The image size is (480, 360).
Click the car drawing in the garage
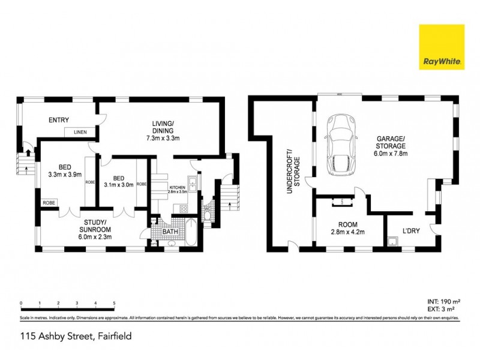[x=340, y=144]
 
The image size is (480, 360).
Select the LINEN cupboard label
[x=80, y=132]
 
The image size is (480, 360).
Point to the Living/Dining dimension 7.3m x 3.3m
[x=163, y=138]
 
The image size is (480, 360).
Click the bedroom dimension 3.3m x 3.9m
[x=66, y=175]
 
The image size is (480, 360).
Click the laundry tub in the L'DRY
[x=392, y=242]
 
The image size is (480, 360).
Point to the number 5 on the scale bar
[x=114, y=304]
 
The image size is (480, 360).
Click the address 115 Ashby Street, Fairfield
[x=76, y=337]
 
